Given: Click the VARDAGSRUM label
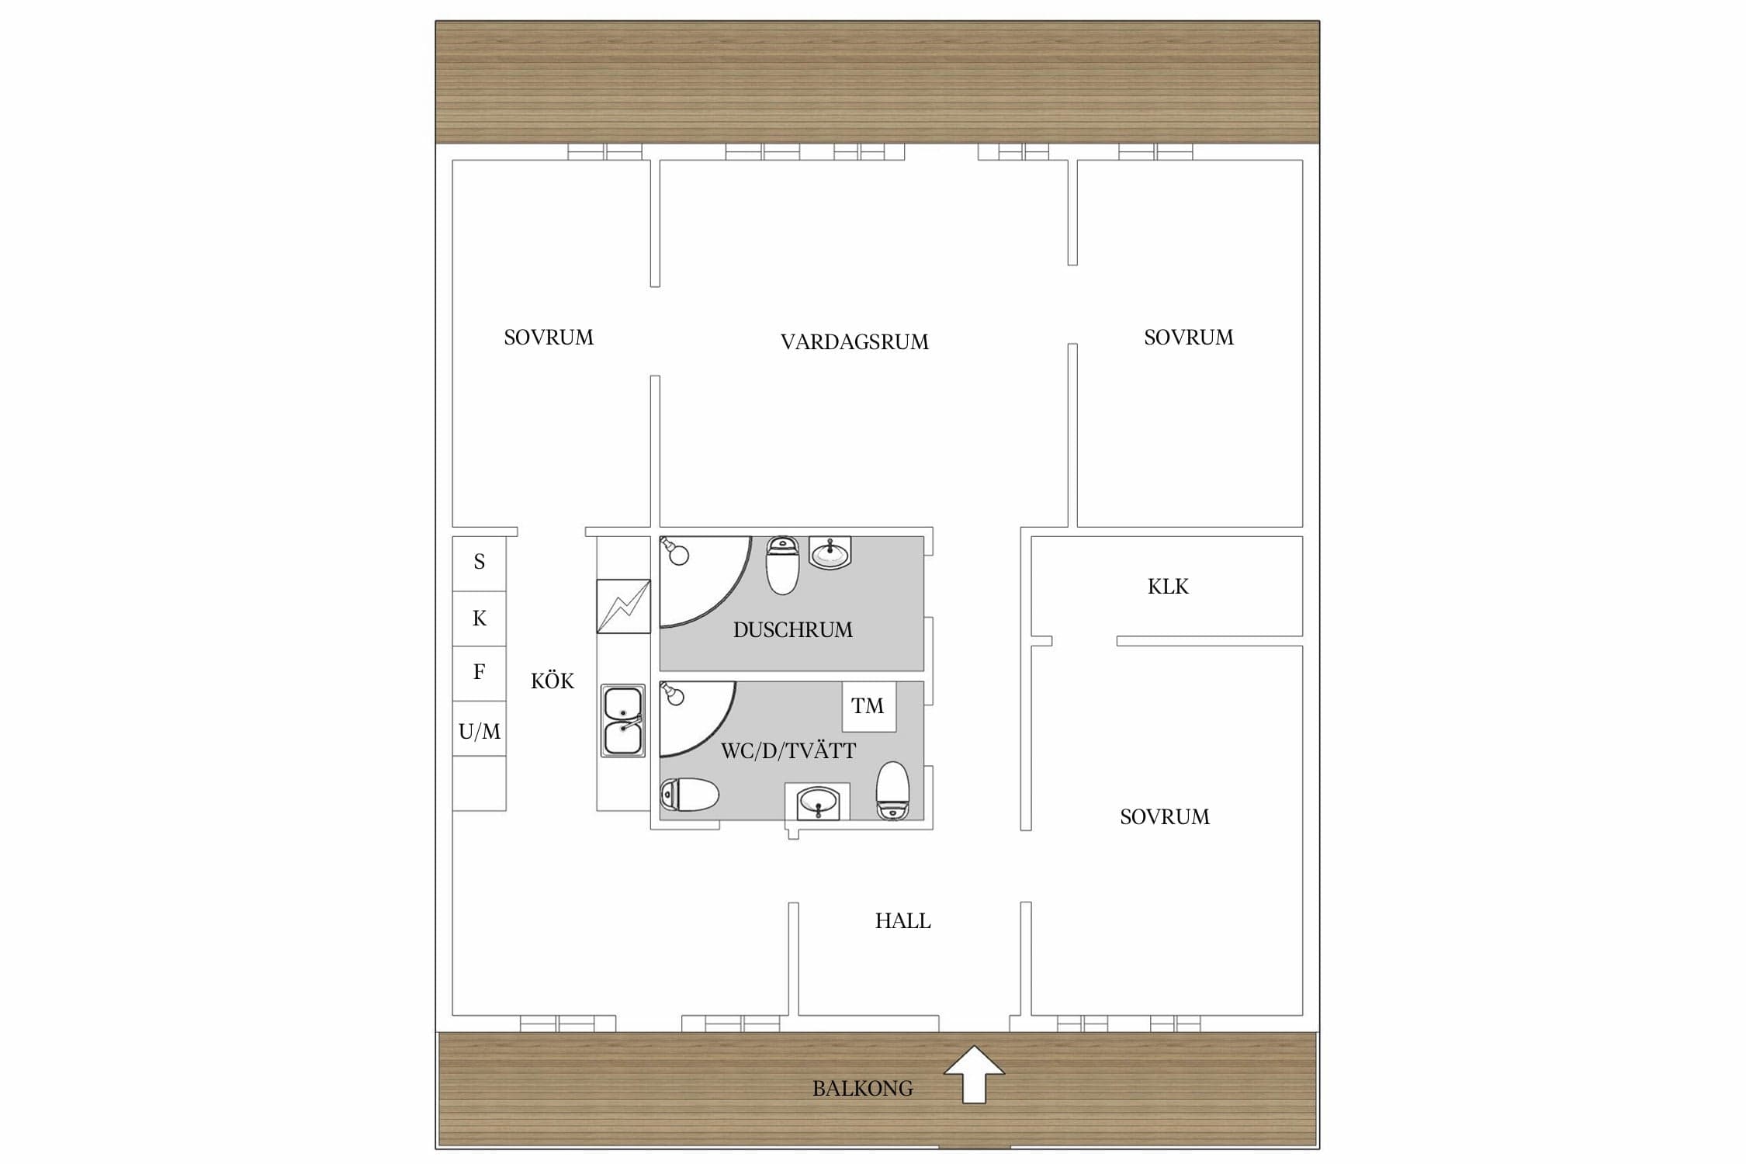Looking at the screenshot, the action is point(854,342).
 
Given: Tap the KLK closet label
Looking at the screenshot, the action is point(1168,587).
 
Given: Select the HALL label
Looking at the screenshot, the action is point(902,921).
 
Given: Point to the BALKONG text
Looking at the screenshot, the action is point(862,1089).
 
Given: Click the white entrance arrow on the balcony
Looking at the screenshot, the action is point(974,1074).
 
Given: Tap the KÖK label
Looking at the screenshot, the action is point(553,681).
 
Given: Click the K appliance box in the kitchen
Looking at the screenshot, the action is point(480,619).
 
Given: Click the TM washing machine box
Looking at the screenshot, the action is point(869,706).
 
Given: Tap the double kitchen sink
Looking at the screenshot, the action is point(622,721).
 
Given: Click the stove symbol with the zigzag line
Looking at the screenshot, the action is point(623,606).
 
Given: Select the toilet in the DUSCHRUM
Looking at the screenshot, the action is point(782,565).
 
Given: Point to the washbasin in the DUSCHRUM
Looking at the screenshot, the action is point(830,553).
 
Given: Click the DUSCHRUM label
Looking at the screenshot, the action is point(792,630).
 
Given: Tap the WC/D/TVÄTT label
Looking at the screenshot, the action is point(788,751).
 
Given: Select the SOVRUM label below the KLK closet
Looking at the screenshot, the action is point(1165,817).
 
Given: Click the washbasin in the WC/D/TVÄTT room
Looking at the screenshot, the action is point(817,802).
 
